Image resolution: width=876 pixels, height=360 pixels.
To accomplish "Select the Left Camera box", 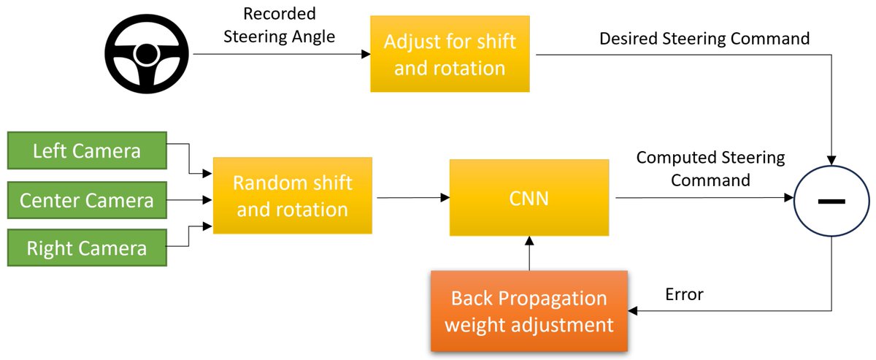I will (87, 151).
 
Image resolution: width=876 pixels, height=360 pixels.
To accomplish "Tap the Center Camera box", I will (87, 199).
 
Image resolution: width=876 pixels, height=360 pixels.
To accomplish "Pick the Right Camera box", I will (87, 248).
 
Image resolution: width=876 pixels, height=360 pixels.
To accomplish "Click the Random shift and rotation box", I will (292, 196).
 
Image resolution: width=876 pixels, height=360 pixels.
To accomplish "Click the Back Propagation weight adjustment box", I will (529, 311).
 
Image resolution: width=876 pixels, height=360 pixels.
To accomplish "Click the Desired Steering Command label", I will (704, 38).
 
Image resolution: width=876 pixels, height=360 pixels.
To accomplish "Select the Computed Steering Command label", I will (710, 168).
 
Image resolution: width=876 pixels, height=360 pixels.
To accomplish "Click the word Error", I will (684, 294).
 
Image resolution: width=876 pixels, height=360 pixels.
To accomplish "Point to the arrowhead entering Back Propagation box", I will (634, 311).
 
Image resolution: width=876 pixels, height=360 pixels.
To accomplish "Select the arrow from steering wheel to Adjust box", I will (277, 54).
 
